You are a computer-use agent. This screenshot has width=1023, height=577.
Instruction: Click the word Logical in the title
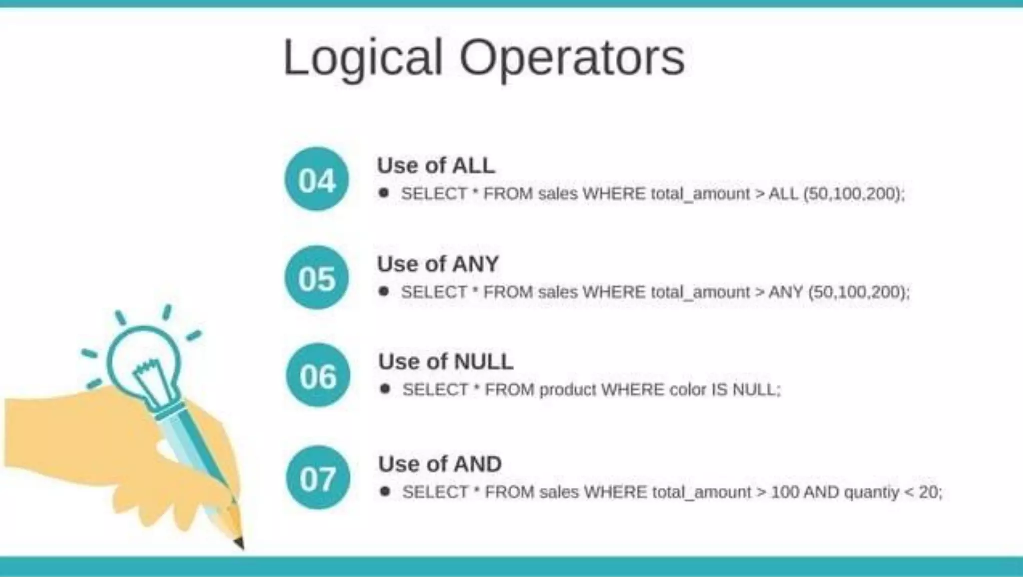363,59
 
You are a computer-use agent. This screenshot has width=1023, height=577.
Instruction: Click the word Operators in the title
571,59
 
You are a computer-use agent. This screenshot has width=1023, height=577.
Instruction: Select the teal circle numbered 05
317,277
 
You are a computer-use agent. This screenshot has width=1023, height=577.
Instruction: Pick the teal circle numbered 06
318,375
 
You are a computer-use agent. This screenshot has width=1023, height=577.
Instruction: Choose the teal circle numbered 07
318,478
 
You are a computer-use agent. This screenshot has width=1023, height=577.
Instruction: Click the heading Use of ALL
436,165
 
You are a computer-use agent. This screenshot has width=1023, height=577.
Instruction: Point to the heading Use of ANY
438,264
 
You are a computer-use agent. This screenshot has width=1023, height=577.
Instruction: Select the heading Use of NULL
446,361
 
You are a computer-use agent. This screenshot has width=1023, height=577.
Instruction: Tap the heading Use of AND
440,464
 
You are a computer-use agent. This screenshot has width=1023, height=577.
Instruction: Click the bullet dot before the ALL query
384,193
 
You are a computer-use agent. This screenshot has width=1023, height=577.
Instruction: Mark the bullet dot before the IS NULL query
385,389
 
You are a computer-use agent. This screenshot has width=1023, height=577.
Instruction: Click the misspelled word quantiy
871,492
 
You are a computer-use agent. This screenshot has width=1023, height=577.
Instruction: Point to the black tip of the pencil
239,542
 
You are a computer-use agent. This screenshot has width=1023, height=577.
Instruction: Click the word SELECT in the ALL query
434,193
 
